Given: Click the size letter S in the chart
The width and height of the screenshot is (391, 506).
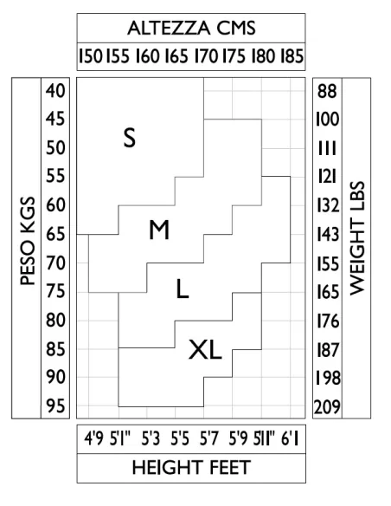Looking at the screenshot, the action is pos(130,138).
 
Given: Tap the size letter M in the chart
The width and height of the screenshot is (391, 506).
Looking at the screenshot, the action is pos(159,230).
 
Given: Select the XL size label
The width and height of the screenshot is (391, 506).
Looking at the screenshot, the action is pos(205,350).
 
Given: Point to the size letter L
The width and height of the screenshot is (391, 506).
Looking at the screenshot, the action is pos(183,289).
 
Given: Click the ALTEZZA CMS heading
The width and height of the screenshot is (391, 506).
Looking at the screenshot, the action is pos(191,28).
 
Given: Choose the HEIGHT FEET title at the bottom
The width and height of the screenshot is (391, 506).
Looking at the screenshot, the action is pos(191,467).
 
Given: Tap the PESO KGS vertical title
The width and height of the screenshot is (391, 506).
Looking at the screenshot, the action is pos(28,241).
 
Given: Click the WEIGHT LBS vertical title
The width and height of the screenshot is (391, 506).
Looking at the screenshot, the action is pos(357,238).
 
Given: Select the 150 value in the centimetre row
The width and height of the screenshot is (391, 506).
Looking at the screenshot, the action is pos(91,55).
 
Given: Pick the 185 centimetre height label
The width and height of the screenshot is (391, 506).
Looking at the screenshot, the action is pos(292,55).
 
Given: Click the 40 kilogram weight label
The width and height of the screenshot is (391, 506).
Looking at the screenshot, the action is pos(55,91).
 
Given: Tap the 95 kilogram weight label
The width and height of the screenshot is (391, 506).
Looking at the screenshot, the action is pos(55,405).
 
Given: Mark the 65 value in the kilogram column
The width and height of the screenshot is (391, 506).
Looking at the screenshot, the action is pos(55,234).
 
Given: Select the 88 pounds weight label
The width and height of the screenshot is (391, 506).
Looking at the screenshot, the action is pos(327,91).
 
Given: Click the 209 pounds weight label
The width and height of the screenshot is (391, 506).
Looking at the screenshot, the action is pos(327,407).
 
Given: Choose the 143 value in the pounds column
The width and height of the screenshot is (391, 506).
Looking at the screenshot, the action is pos(328,234).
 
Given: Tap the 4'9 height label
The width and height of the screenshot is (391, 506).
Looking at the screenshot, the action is pos(93,439).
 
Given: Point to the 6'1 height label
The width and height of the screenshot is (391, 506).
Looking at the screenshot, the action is pos(290,439).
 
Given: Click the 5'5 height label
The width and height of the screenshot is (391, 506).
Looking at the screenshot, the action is pos(180,439).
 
